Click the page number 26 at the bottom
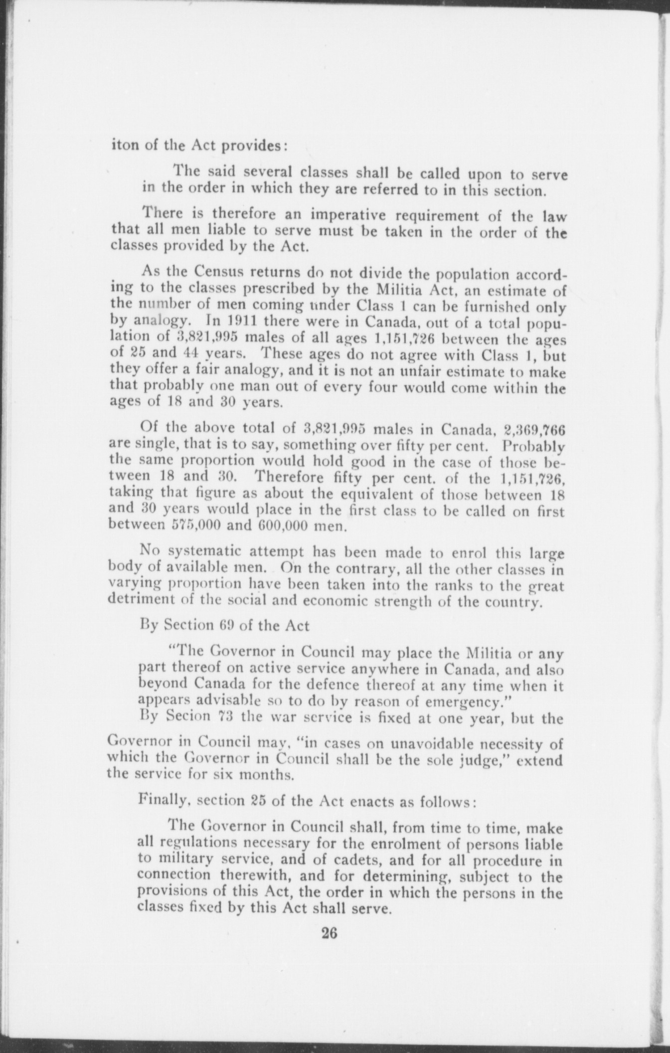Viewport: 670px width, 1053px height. pyautogui.click(x=330, y=931)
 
